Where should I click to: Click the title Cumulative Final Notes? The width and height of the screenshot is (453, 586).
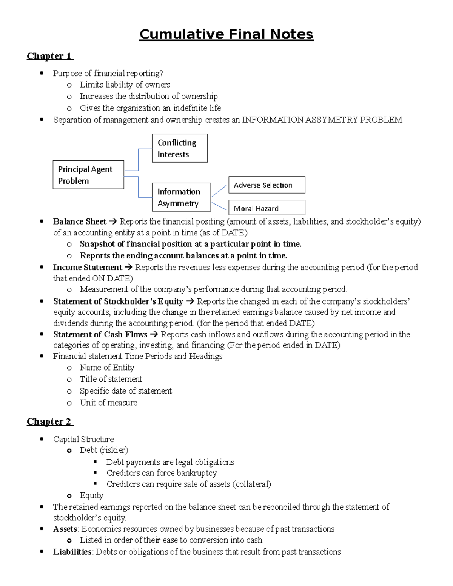(x=226, y=34)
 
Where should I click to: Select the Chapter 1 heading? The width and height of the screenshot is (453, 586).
(x=49, y=56)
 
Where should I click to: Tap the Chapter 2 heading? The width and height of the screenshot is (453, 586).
(x=49, y=421)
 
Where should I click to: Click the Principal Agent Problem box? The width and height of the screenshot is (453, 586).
(x=88, y=175)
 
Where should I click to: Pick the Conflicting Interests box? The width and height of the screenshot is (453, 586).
(x=180, y=148)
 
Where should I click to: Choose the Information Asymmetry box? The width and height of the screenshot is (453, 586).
(x=181, y=197)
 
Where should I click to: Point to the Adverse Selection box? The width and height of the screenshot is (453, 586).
(x=267, y=185)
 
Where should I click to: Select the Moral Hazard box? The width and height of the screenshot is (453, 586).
(x=267, y=208)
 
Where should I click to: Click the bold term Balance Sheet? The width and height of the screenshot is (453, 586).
(x=80, y=221)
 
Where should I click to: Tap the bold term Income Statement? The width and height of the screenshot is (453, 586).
(x=88, y=268)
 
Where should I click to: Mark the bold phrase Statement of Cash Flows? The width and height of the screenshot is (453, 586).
(x=100, y=334)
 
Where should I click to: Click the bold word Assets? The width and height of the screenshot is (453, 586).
(x=65, y=529)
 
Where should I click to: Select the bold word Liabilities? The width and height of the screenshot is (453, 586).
(x=72, y=552)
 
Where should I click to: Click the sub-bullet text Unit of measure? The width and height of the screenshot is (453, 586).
(x=108, y=403)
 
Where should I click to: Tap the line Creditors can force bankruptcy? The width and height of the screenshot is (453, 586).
(x=162, y=473)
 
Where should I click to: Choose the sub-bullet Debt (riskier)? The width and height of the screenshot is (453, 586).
(x=104, y=450)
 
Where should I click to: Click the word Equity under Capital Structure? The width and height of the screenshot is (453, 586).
(x=91, y=495)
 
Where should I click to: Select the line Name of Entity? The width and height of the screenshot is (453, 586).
(x=107, y=368)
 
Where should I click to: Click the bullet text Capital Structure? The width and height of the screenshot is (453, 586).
(x=83, y=439)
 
